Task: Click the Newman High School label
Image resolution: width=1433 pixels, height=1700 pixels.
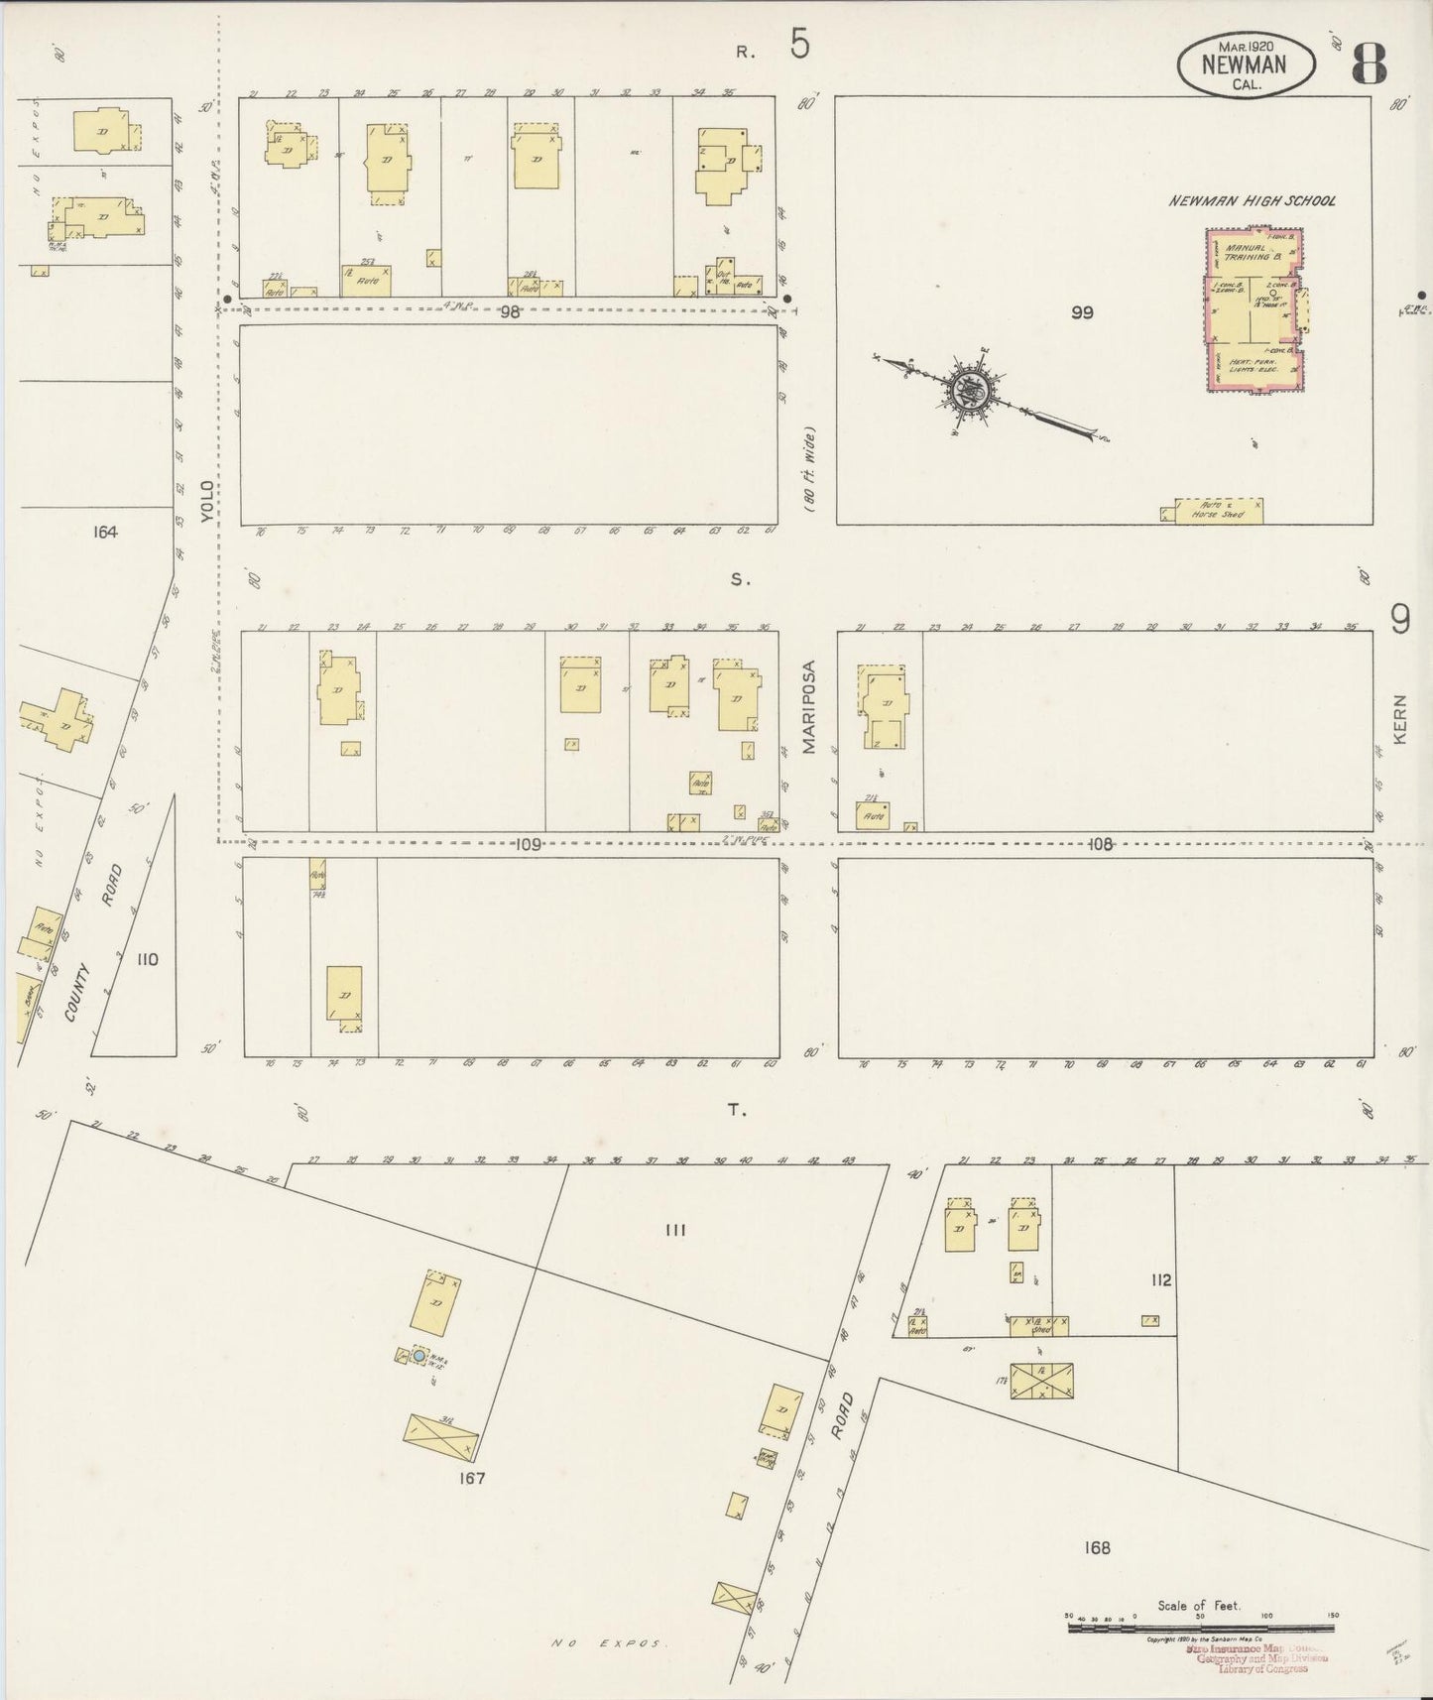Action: point(1252,201)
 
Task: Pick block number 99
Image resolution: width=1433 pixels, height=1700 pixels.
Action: point(1081,312)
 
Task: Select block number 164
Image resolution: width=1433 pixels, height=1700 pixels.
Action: point(104,533)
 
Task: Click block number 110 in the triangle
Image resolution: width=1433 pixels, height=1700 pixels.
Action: point(148,959)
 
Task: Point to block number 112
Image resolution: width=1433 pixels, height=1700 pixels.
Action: point(1161,1280)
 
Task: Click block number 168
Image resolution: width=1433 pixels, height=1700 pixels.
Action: point(1097,1547)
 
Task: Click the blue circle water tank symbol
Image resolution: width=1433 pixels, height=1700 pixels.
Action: point(418,1355)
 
